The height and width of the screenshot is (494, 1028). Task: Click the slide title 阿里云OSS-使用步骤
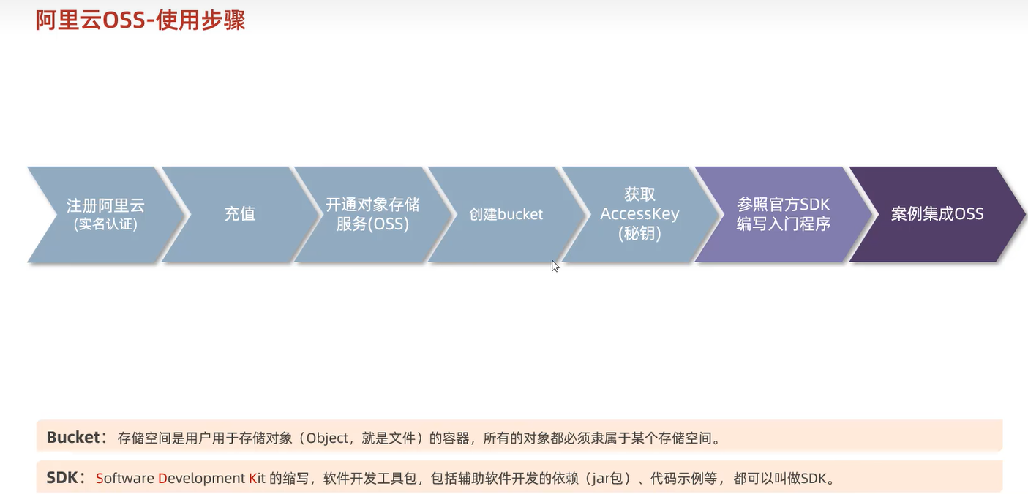pyautogui.click(x=140, y=20)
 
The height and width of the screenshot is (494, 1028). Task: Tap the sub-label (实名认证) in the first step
pyautogui.click(x=105, y=224)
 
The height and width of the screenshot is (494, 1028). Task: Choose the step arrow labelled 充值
pyautogui.click(x=239, y=214)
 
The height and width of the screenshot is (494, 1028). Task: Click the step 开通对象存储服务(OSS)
pyautogui.click(x=372, y=214)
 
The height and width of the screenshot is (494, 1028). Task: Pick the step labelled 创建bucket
pyautogui.click(x=506, y=215)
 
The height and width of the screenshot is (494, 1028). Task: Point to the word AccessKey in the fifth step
pyautogui.click(x=639, y=214)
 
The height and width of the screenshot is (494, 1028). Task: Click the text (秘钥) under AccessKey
pyautogui.click(x=639, y=234)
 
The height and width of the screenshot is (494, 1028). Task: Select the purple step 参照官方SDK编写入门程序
pyautogui.click(x=783, y=214)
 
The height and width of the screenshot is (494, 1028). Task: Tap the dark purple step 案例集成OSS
pyautogui.click(x=937, y=214)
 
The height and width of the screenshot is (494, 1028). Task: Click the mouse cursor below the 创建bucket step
pyautogui.click(x=555, y=265)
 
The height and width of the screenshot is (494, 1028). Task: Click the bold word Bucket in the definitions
pyautogui.click(x=72, y=438)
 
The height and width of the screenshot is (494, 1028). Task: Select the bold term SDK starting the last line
pyautogui.click(x=61, y=479)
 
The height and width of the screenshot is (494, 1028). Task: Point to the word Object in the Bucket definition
pyautogui.click(x=327, y=438)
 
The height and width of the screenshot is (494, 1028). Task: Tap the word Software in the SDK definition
pyautogui.click(x=124, y=479)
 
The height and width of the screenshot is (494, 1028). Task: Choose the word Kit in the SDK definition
pyautogui.click(x=257, y=479)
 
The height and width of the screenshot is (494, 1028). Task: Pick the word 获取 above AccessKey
pyautogui.click(x=639, y=194)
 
